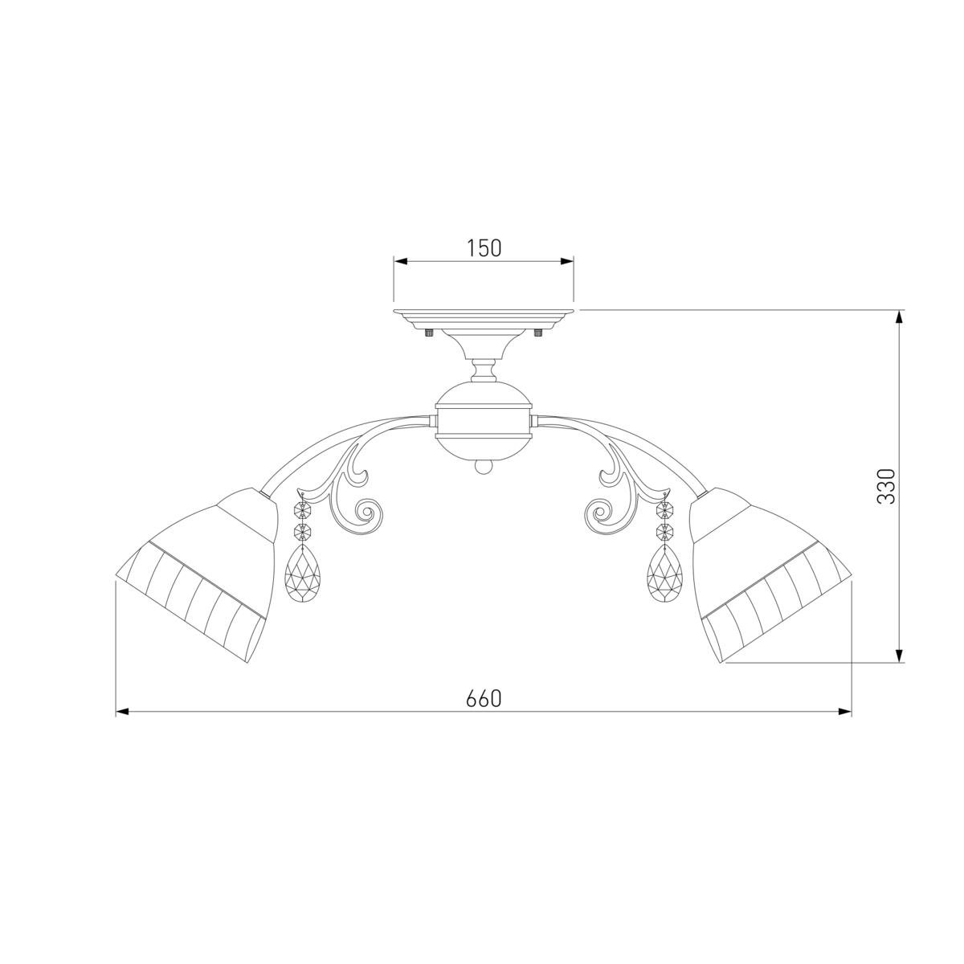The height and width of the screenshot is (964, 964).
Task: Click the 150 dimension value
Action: click(484, 248)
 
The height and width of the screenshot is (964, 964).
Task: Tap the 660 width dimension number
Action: click(484, 699)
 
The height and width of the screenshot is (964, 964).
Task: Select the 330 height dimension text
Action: click(885, 486)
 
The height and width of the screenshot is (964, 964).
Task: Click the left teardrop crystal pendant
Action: click(302, 574)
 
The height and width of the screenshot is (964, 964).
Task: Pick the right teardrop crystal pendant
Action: click(665, 574)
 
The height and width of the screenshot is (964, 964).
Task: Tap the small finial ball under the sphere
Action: click(484, 468)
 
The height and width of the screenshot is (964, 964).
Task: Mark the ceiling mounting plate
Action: click(484, 319)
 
